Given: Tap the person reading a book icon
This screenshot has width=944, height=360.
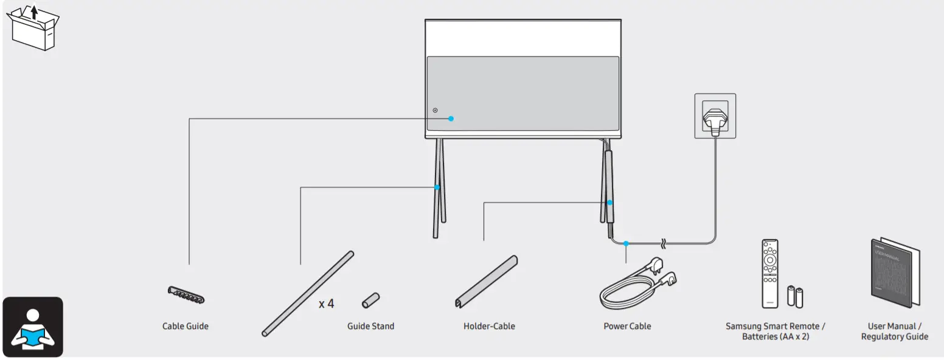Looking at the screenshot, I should tap(33, 327).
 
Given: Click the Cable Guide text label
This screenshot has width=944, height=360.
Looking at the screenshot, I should tap(185, 326).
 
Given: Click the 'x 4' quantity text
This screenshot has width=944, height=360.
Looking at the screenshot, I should tap(326, 303).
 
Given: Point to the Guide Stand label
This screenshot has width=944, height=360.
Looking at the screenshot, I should tap(370, 326).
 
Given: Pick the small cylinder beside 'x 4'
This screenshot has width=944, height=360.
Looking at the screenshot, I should tap(370, 300).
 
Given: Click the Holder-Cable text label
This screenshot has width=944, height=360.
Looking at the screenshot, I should tap(489, 326).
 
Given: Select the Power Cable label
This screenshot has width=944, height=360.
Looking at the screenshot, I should tap(627, 326).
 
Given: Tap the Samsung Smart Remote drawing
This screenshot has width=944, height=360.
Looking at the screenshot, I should tap(770, 274).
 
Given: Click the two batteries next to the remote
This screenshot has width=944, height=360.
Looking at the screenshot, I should tap(796, 296).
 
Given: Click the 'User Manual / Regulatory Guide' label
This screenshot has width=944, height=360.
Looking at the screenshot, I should tap(894, 331).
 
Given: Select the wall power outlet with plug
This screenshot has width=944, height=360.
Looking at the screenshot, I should tap(715, 116).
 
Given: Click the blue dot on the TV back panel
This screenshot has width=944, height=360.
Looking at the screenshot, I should tap(451, 119).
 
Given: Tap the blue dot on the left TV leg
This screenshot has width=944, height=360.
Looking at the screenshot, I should tap(437, 187).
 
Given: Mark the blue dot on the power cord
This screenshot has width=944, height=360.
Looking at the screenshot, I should tap(626, 243).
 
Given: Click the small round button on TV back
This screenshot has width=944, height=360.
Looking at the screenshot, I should tap(435, 110).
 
